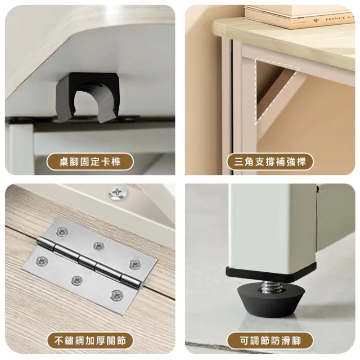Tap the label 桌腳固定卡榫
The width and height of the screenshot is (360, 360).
coord(91,163)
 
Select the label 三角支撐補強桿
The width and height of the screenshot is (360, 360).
coord(270,163)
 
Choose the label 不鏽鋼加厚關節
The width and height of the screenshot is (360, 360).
coord(91,341)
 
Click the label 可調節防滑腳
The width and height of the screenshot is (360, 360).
coord(270,341)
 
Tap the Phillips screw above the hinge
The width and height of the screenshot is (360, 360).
coord(117,192)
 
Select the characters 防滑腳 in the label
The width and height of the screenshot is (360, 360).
coord(288,341)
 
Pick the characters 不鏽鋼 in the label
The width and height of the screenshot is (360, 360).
coord(66,341)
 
